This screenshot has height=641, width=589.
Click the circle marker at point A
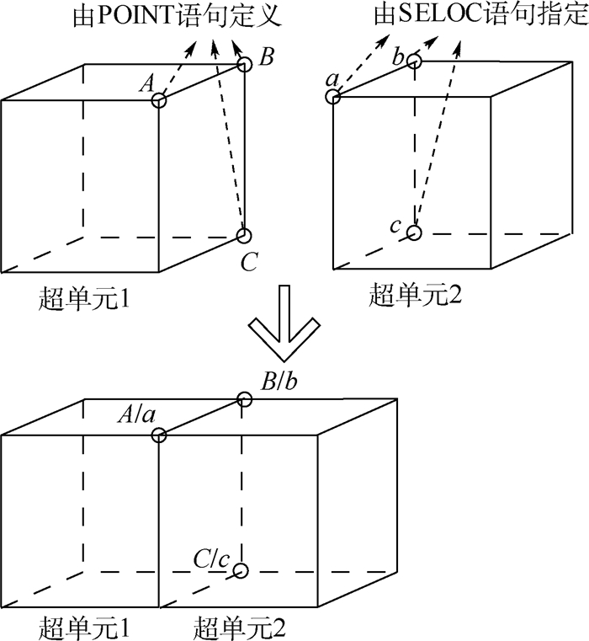click(159, 99)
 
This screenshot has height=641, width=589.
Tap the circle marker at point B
click(245, 63)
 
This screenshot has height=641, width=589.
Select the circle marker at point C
click(244, 235)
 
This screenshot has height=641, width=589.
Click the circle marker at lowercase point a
click(334, 97)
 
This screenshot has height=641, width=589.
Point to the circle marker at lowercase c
click(413, 232)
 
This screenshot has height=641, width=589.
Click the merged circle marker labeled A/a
click(159, 435)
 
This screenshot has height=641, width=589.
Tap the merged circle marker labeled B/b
click(245, 399)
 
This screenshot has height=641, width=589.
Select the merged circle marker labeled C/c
click(241, 570)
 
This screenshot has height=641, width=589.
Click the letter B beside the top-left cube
click(266, 57)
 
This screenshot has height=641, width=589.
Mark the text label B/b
click(278, 381)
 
